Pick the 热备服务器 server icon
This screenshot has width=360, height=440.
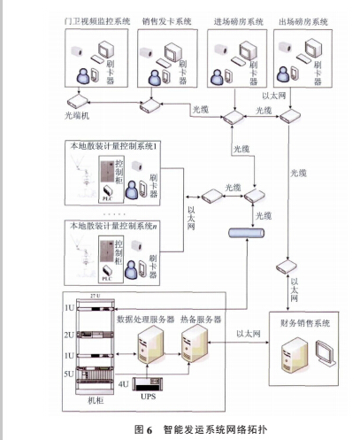coord(190,340)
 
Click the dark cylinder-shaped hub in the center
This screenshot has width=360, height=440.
coord(248,233)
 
